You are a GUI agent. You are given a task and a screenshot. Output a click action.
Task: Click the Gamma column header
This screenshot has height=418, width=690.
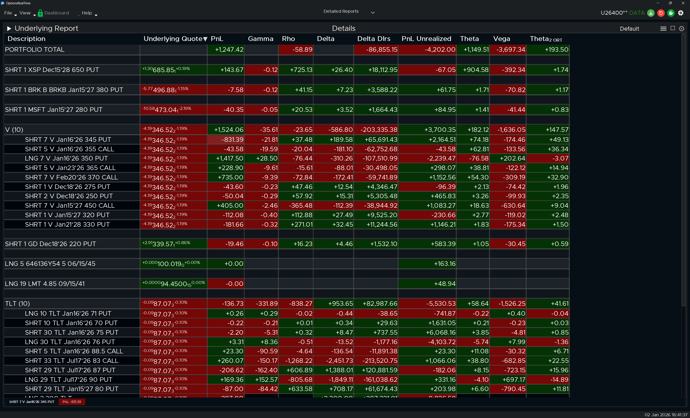[x=260, y=39]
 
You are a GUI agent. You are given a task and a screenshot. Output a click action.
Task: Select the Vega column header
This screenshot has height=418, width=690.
[x=501, y=39]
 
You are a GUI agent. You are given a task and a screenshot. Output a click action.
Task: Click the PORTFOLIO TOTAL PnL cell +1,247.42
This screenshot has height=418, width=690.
[x=229, y=50]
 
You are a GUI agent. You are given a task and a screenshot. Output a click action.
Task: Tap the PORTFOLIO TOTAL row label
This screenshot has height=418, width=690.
[x=35, y=50]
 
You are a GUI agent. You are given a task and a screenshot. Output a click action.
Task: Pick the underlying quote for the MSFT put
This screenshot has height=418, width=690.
[x=167, y=110]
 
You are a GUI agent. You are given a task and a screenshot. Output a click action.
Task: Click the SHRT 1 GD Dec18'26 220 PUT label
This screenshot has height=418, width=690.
[x=50, y=244]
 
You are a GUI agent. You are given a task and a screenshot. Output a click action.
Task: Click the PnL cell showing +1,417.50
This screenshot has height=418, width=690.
[x=229, y=158]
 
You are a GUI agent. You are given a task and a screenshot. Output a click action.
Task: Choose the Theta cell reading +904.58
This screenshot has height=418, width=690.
[x=475, y=70]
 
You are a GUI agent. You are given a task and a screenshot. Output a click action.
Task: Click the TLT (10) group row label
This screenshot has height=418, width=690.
[x=17, y=304]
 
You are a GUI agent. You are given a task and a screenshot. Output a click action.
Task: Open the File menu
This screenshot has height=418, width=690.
[x=8, y=13]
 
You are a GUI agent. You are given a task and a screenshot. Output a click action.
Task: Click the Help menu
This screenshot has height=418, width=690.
[x=87, y=13]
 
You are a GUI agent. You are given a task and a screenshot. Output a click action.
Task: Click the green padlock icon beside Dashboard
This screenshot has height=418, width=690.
[x=40, y=13]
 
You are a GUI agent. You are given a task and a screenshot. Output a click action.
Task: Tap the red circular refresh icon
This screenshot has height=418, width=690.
[x=661, y=13]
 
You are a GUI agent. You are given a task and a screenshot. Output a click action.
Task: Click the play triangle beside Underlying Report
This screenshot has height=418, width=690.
[x=9, y=28]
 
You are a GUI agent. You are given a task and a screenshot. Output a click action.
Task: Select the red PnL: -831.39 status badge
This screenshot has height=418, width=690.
[x=72, y=402]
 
